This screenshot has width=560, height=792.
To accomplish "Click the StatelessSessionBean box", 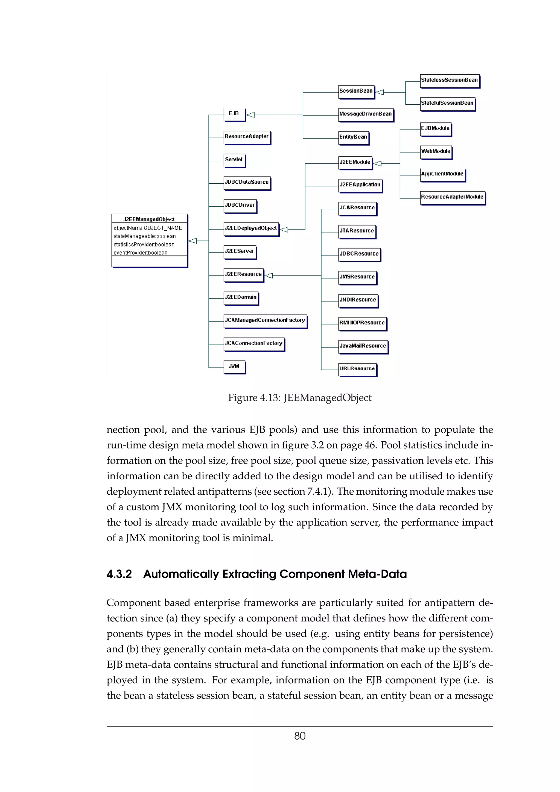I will click(449, 80).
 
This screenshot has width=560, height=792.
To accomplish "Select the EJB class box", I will click(234, 114).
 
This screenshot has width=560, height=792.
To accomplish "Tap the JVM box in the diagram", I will click(234, 367).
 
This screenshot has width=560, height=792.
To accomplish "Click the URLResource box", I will click(357, 369).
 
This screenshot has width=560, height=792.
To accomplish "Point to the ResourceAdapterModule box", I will click(452, 197).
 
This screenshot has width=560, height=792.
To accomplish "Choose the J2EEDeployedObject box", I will click(251, 228).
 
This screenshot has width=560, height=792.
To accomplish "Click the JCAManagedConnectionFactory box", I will click(265, 321).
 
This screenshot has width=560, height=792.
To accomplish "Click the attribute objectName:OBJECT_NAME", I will click(148, 228).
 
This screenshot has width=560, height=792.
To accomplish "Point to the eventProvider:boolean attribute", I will click(141, 253).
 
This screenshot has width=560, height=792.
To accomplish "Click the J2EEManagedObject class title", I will click(149, 219).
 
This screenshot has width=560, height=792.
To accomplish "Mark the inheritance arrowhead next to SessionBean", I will click(380, 92).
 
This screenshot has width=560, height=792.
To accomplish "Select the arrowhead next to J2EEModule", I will click(377, 163).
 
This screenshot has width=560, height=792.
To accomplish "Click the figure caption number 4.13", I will click(269, 398).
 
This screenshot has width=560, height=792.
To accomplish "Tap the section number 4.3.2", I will click(119, 574).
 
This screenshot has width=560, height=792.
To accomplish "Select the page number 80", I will click(299, 736).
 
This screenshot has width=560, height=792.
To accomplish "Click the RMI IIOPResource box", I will click(362, 323).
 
